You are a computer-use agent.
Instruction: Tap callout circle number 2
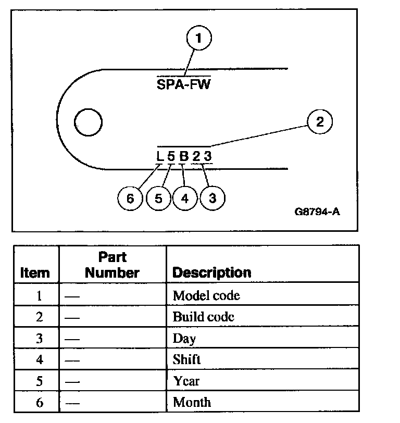click(320, 122)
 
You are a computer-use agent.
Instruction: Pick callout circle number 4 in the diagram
click(185, 198)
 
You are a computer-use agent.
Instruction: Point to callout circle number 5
click(158, 198)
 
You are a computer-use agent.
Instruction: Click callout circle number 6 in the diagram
click(130, 198)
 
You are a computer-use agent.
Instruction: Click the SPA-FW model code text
click(183, 84)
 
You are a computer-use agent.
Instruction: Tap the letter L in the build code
click(160, 156)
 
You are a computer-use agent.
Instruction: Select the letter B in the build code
click(183, 156)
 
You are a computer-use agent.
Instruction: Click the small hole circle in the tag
click(88, 122)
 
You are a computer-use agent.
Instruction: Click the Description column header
click(211, 272)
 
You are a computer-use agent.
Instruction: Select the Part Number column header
click(113, 265)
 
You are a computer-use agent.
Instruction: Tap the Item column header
click(35, 272)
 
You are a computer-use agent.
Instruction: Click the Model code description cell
click(206, 296)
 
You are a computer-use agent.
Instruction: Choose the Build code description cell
click(204, 317)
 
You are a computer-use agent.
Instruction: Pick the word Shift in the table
click(186, 359)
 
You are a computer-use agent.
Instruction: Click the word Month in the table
click(192, 402)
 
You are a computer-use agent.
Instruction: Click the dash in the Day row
click(72, 339)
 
